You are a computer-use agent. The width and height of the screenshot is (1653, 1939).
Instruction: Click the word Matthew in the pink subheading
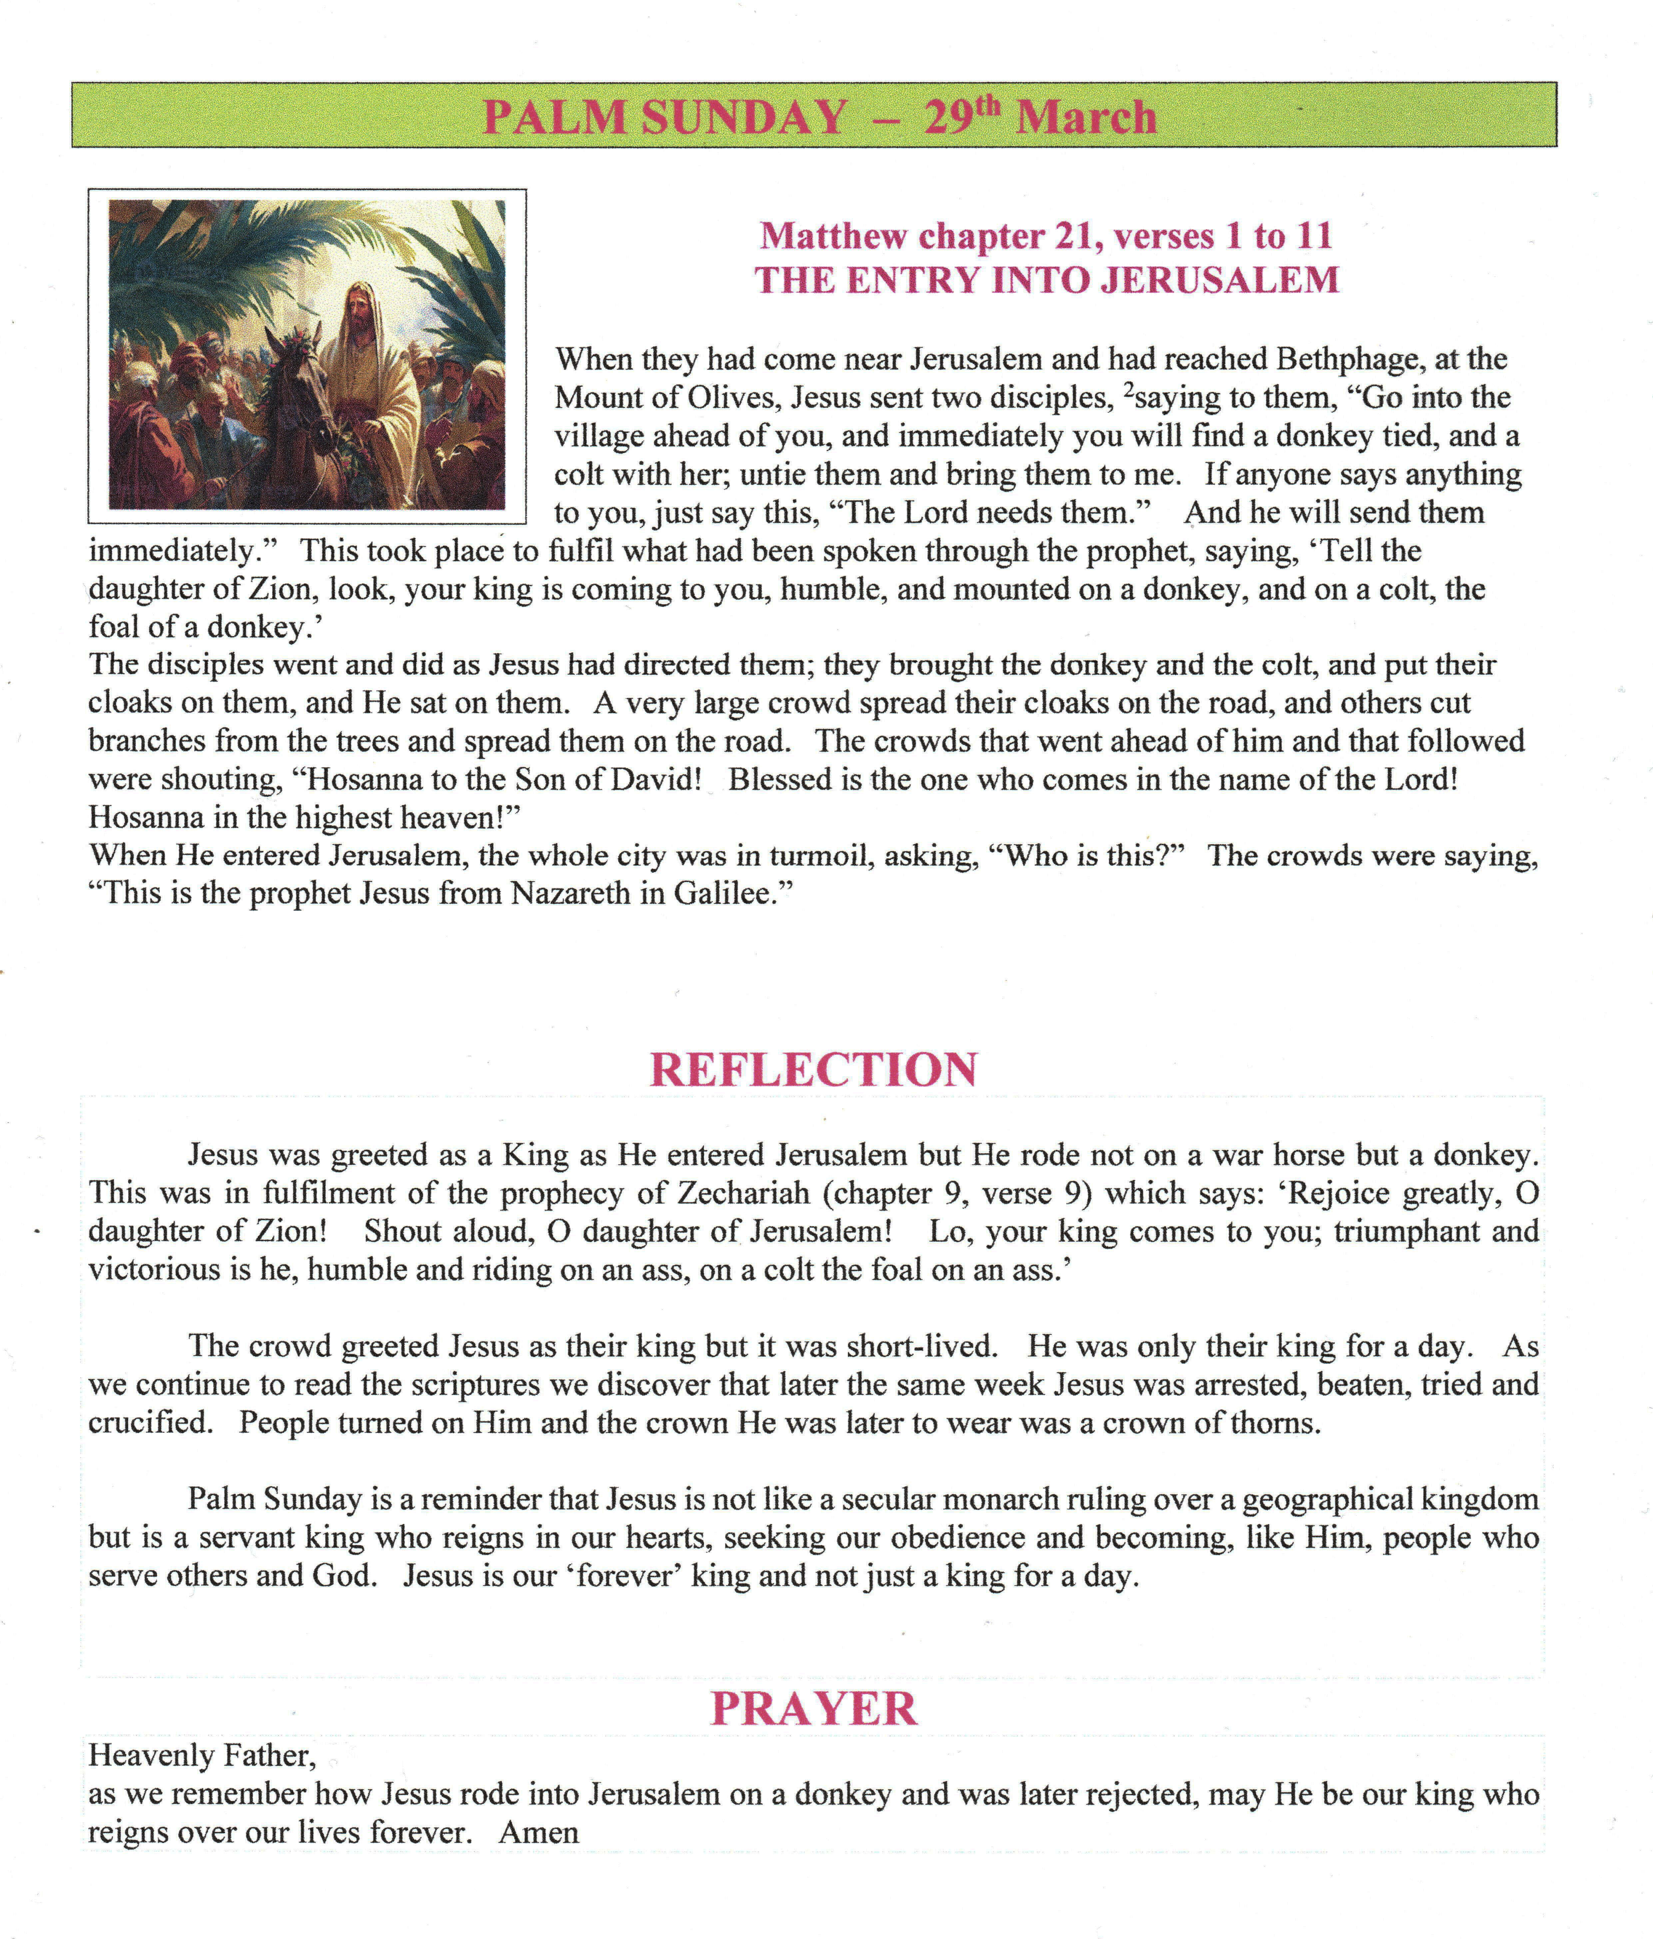click(x=833, y=237)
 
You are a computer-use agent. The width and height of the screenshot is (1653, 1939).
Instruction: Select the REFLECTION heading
click(x=814, y=1070)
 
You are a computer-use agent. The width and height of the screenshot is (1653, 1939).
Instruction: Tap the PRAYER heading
click(x=814, y=1709)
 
